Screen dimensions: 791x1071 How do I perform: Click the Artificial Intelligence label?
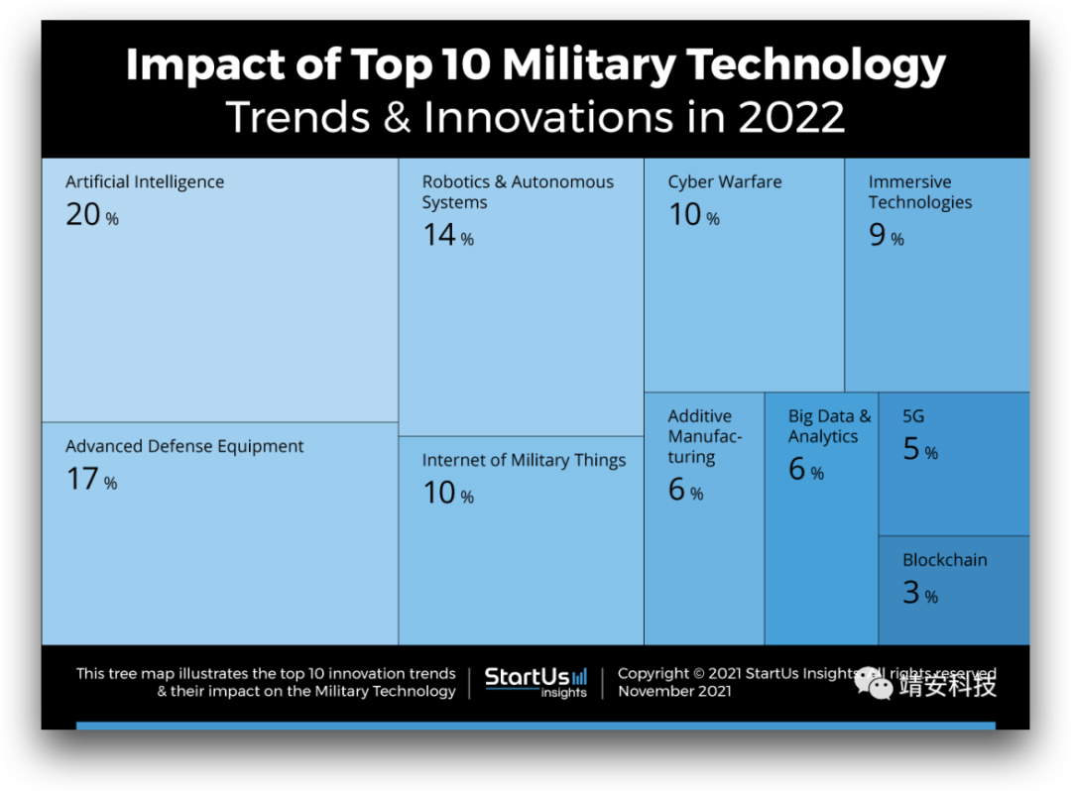coord(145,182)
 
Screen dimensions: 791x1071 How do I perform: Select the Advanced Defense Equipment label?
coord(184,447)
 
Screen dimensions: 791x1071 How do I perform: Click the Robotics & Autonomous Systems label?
coord(518,192)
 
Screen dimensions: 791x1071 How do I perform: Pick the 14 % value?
coord(447,236)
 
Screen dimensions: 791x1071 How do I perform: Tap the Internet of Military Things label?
coord(524,461)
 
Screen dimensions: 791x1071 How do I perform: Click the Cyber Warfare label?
coord(724,182)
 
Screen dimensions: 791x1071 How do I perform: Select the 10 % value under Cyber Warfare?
coord(693,215)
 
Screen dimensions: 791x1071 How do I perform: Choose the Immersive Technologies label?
coord(919,192)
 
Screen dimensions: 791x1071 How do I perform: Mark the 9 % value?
coord(886,236)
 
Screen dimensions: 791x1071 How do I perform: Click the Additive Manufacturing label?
coord(704,437)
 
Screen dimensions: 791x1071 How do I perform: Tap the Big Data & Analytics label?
coord(829,427)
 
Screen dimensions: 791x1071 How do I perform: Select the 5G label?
coord(913,417)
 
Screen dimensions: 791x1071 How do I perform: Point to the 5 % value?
coord(919,450)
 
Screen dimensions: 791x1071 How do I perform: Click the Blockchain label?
coord(944,561)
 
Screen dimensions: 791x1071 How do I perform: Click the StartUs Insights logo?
coord(535,682)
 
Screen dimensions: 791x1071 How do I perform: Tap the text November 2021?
coord(674,692)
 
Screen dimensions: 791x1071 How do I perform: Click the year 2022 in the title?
coord(790,117)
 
